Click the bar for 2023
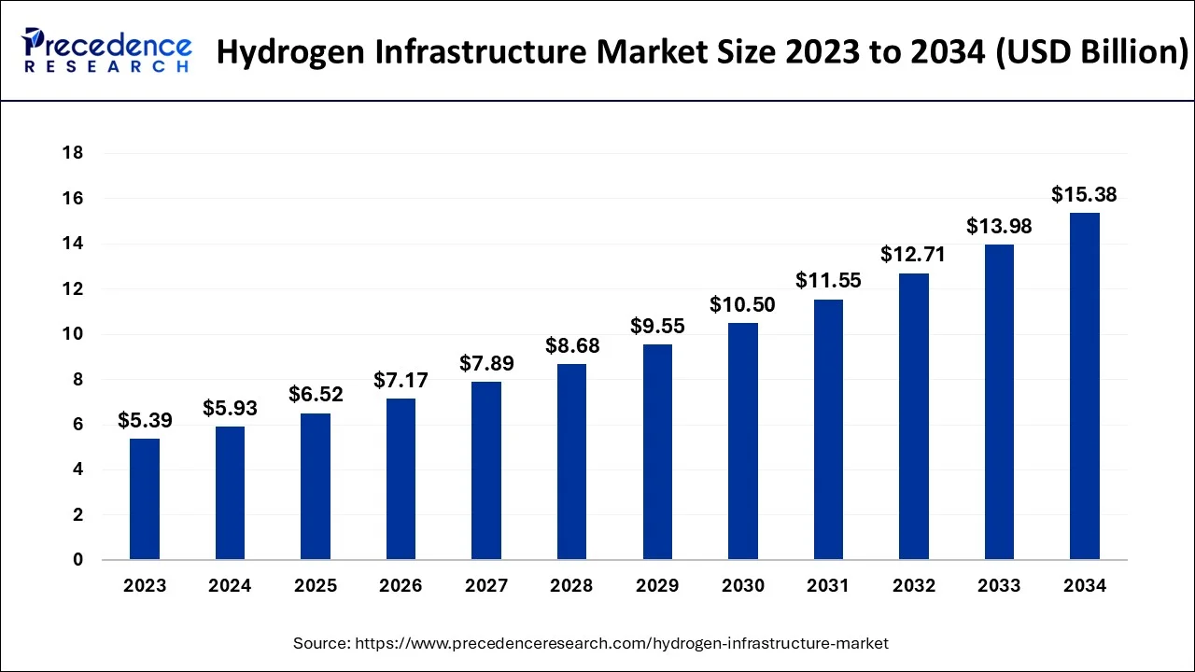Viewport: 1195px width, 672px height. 145,499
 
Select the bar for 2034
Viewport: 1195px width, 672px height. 1084,386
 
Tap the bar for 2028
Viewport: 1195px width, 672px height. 571,462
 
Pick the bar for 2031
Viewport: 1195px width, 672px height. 828,429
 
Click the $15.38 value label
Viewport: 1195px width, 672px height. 1084,194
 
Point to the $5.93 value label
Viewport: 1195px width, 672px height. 230,408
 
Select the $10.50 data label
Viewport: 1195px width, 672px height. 742,304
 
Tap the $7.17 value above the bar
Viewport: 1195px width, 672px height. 401,380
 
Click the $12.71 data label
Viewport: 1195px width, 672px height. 913,254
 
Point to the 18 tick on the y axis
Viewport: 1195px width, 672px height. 73,153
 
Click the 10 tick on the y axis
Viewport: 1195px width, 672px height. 73,334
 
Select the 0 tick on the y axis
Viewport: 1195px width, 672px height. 78,560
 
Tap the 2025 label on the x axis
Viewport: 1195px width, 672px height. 316,586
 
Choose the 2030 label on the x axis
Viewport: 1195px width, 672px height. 742,586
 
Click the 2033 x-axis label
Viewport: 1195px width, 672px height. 999,586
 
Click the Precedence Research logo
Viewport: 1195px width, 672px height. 107,50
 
